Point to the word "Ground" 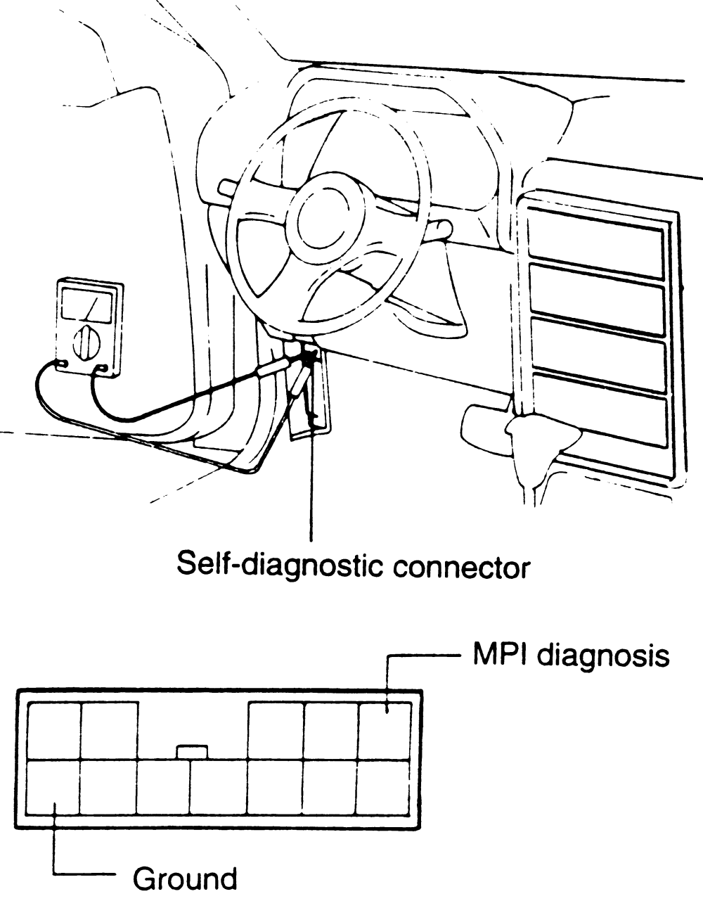point(185,880)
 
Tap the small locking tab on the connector point(191,752)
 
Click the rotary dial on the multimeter point(86,341)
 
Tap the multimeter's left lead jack point(61,364)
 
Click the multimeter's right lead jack point(104,368)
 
